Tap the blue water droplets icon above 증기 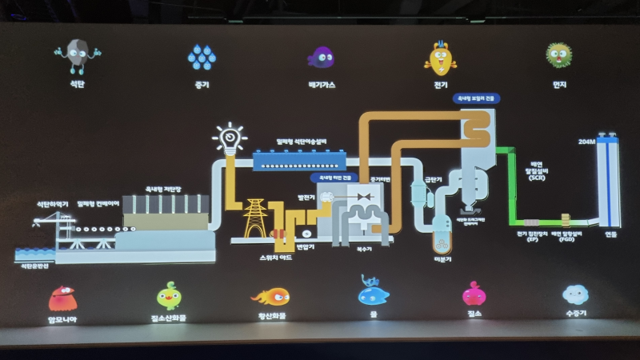coord(200,56)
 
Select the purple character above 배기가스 coord(321,56)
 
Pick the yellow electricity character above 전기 coord(440,56)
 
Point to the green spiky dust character coord(559,55)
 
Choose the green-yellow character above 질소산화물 coord(169,296)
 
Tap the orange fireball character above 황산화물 coord(272,297)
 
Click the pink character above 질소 coord(474,294)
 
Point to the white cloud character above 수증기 coord(575,294)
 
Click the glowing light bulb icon coord(229,139)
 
